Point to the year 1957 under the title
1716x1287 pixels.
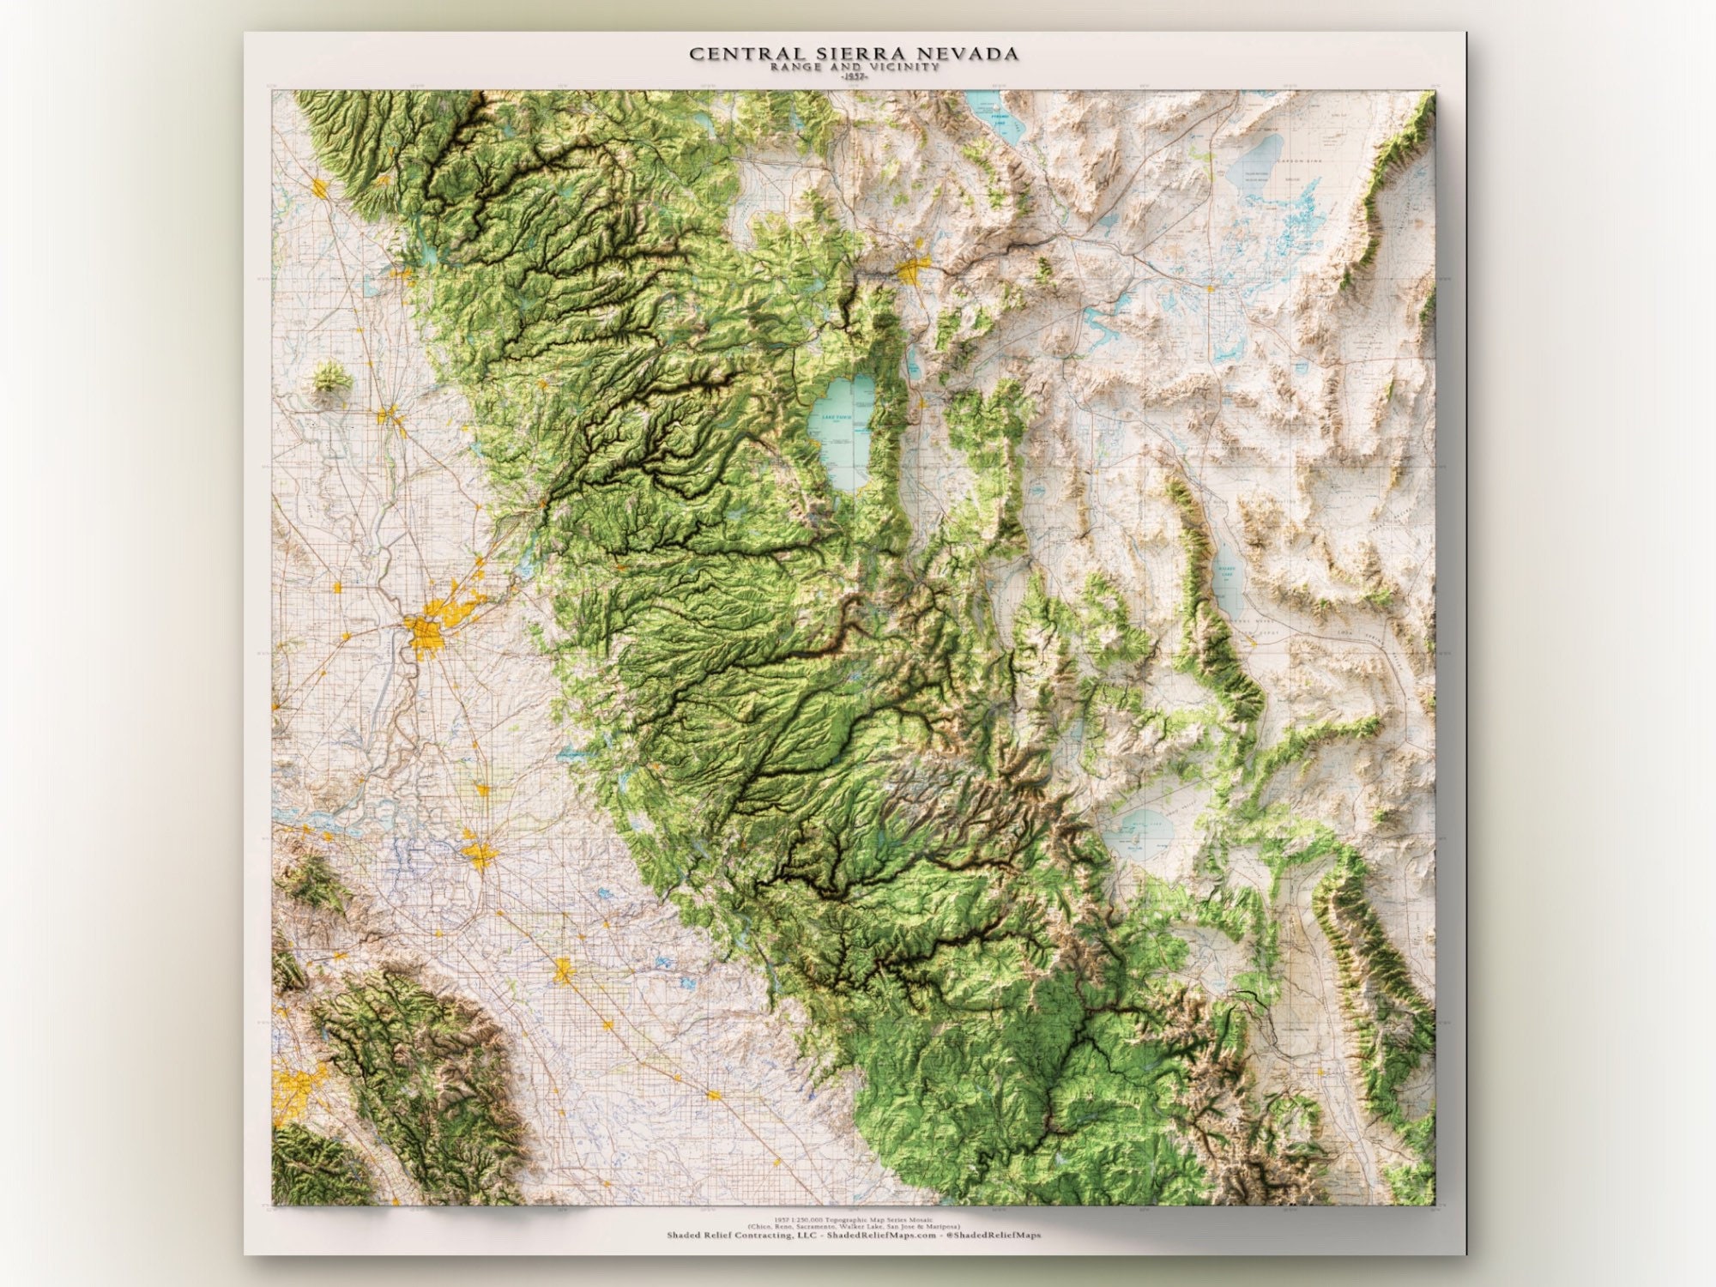tap(854, 76)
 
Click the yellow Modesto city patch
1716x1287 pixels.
tap(563, 970)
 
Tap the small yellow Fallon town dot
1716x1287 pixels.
tap(1210, 288)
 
